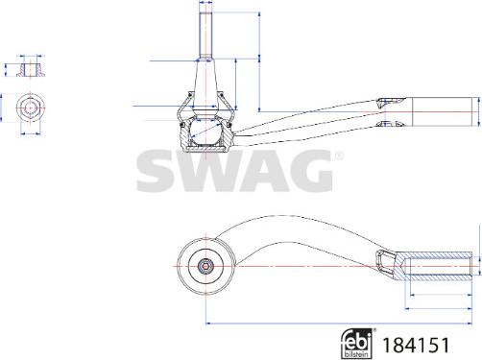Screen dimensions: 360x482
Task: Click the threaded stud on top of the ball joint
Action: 206,30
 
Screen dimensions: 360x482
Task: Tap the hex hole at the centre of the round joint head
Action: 206,263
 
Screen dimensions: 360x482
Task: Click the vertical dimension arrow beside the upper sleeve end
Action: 478,111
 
